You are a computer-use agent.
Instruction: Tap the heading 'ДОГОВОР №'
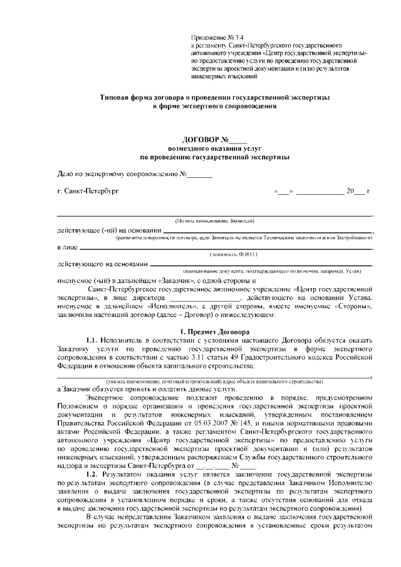click(x=207, y=138)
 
